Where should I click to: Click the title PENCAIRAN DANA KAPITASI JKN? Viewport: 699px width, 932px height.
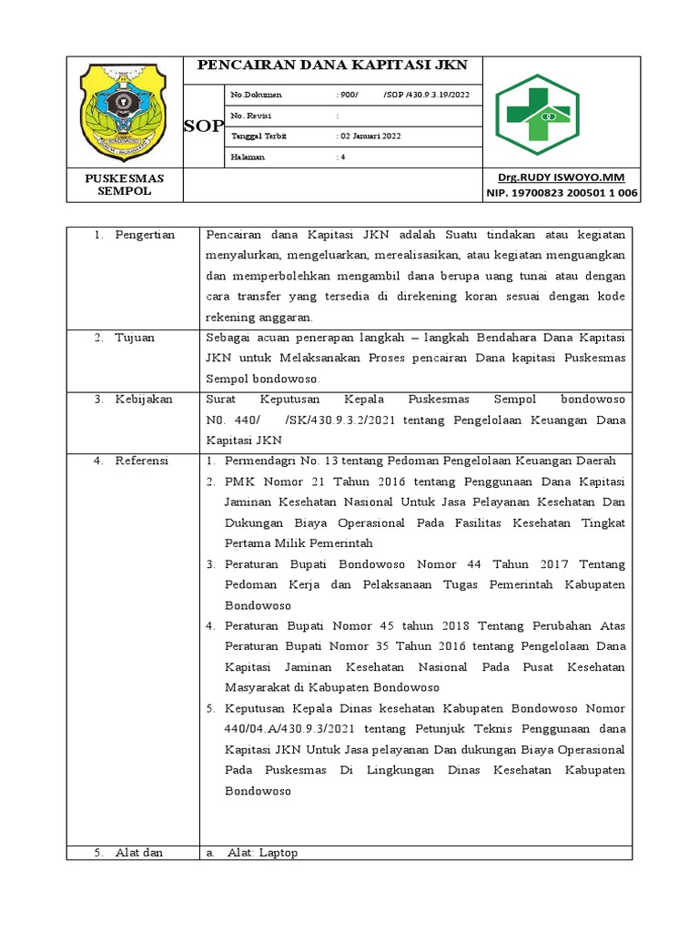332,66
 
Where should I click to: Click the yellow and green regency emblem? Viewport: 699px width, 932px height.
123,110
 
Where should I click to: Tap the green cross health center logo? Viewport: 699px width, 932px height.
548,111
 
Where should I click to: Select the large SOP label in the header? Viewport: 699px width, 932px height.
203,127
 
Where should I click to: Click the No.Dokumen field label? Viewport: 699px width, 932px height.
257,95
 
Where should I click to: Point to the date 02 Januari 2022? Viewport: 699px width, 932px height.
370,137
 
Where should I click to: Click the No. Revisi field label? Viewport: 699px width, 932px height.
251,116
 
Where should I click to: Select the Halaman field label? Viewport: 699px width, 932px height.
248,157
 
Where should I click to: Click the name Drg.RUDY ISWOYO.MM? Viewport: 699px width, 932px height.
561,177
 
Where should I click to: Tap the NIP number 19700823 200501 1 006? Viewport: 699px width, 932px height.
562,193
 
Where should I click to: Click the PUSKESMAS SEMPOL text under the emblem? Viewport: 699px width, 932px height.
125,185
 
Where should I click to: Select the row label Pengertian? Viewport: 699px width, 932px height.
145,236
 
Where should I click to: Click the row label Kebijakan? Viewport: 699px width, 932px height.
144,400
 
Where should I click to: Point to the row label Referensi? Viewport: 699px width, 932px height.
142,461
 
